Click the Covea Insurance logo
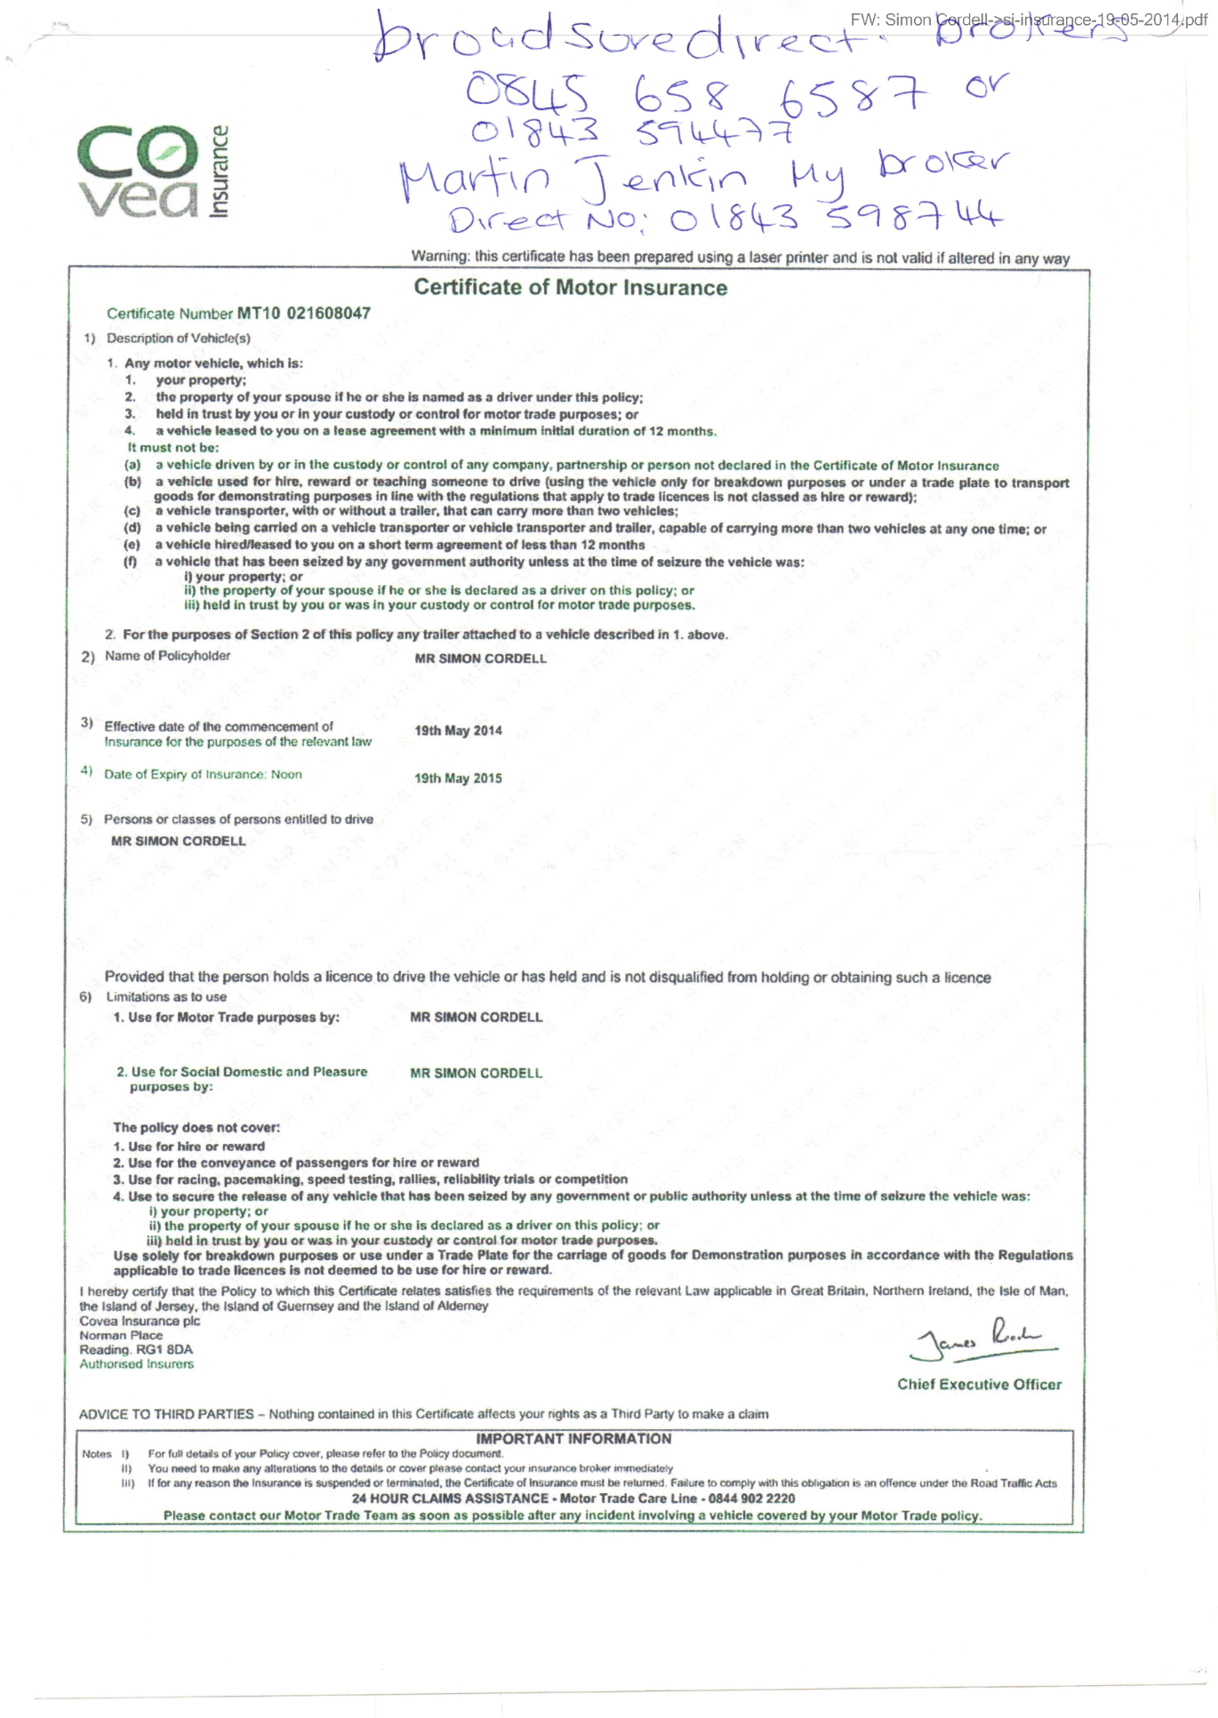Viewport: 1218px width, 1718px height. [152, 172]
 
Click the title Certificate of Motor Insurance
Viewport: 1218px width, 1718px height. [570, 287]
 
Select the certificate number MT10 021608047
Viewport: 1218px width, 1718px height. [303, 313]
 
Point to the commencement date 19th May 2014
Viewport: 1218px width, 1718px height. [458, 731]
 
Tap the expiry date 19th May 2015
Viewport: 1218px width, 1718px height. [458, 779]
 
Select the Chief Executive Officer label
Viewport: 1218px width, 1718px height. [979, 1384]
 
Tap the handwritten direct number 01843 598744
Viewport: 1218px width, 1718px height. [836, 216]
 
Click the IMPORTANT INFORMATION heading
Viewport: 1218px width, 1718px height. [573, 1439]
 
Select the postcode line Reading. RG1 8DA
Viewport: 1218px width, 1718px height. [136, 1349]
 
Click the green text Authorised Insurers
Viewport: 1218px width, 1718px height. [136, 1364]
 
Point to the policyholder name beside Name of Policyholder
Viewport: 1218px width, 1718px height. [480, 659]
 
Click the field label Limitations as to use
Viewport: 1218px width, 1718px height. [166, 997]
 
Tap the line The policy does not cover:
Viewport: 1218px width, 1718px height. [196, 1128]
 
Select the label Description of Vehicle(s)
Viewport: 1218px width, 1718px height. [179, 338]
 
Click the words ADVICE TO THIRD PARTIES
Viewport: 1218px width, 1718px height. [166, 1414]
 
